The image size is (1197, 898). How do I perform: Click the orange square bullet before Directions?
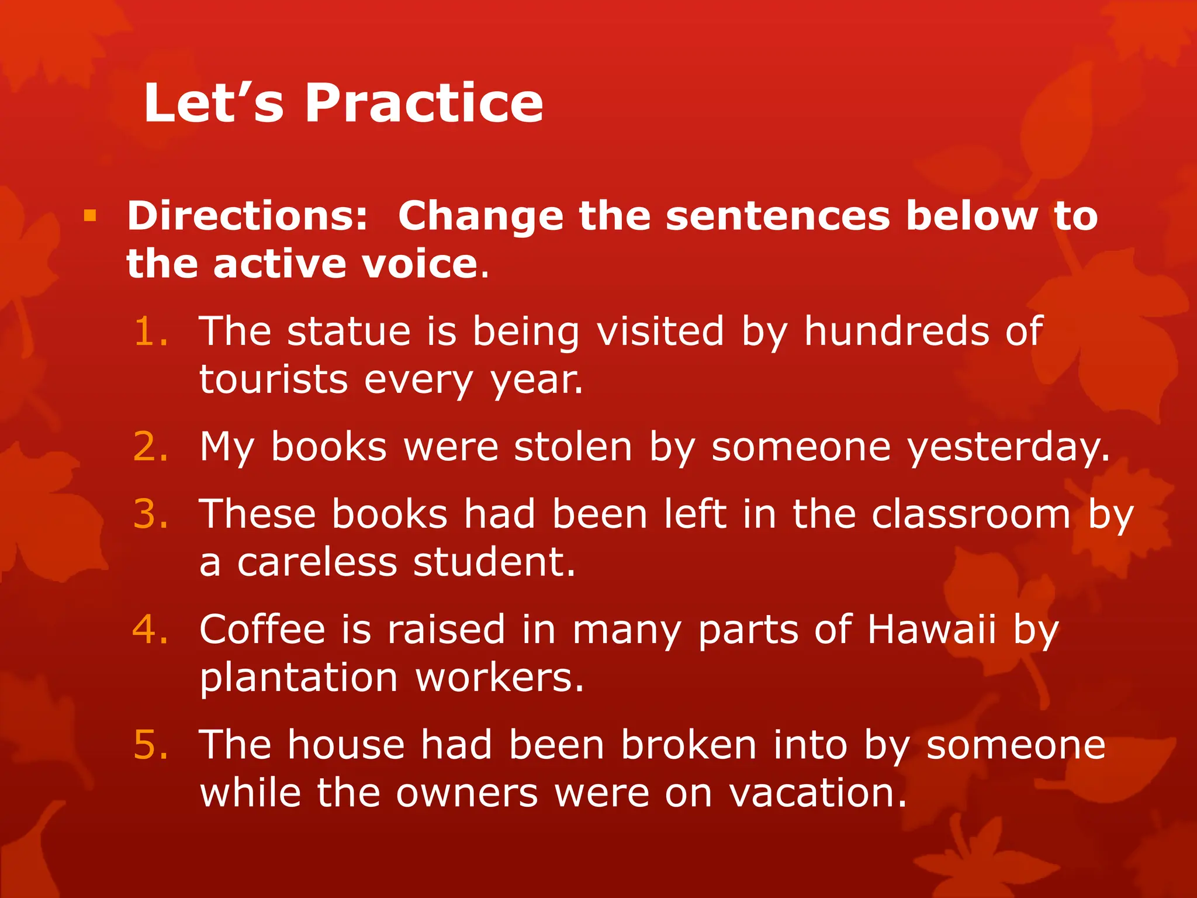tap(89, 216)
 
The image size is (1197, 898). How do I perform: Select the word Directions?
tap(247, 216)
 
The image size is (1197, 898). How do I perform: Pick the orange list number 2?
tap(151, 447)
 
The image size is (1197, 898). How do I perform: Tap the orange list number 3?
tap(151, 514)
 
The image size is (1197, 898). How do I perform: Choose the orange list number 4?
tap(151, 630)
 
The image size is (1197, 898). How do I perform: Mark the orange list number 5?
tap(151, 745)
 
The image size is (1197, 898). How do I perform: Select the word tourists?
tap(274, 380)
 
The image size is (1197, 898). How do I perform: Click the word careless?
tap(317, 562)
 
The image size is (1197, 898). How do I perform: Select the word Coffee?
tap(262, 630)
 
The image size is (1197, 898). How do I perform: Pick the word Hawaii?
tap(931, 630)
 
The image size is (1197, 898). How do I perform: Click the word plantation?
tap(299, 678)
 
